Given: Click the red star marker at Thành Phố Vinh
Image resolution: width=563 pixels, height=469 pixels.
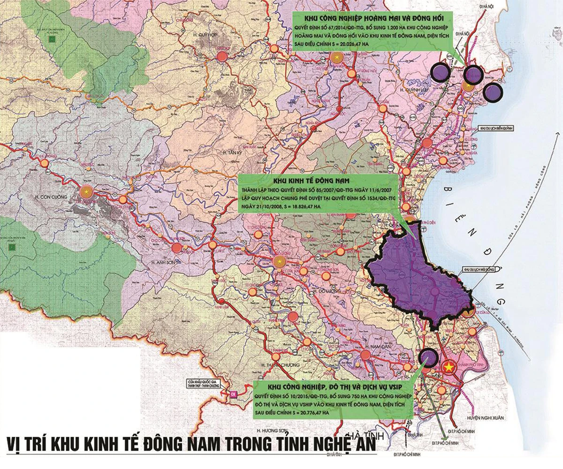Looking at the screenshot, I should coord(449,367).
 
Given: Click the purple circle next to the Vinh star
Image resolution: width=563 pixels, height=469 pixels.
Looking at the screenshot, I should coord(427,357).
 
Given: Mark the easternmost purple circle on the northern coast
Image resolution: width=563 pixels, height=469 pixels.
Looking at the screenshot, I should coord(492,92).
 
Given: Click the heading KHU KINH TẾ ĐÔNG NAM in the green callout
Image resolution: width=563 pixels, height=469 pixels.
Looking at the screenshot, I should coord(320,180).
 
